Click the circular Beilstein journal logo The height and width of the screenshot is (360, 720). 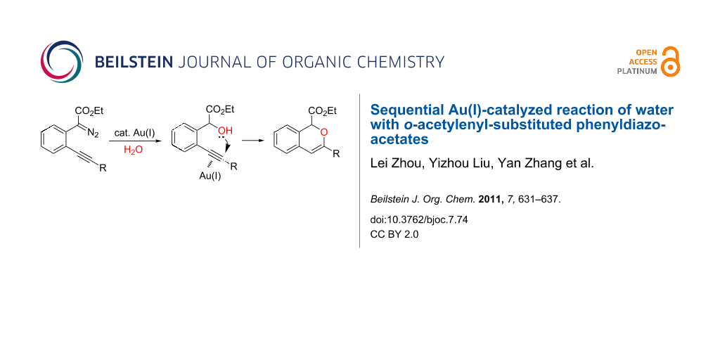coord(62,62)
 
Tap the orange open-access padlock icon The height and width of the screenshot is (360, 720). coord(671,61)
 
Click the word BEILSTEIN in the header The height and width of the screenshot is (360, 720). coord(134,62)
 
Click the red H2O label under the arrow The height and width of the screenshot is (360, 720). coord(130,149)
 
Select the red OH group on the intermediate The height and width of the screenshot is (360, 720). coord(226,131)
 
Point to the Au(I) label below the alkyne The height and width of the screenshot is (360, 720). coord(210,175)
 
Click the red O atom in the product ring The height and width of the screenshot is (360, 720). coord(323,133)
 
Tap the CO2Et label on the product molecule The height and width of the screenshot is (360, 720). coord(323,110)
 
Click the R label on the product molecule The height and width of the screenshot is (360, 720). coord(337,154)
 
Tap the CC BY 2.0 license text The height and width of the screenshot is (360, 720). coord(394,233)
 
